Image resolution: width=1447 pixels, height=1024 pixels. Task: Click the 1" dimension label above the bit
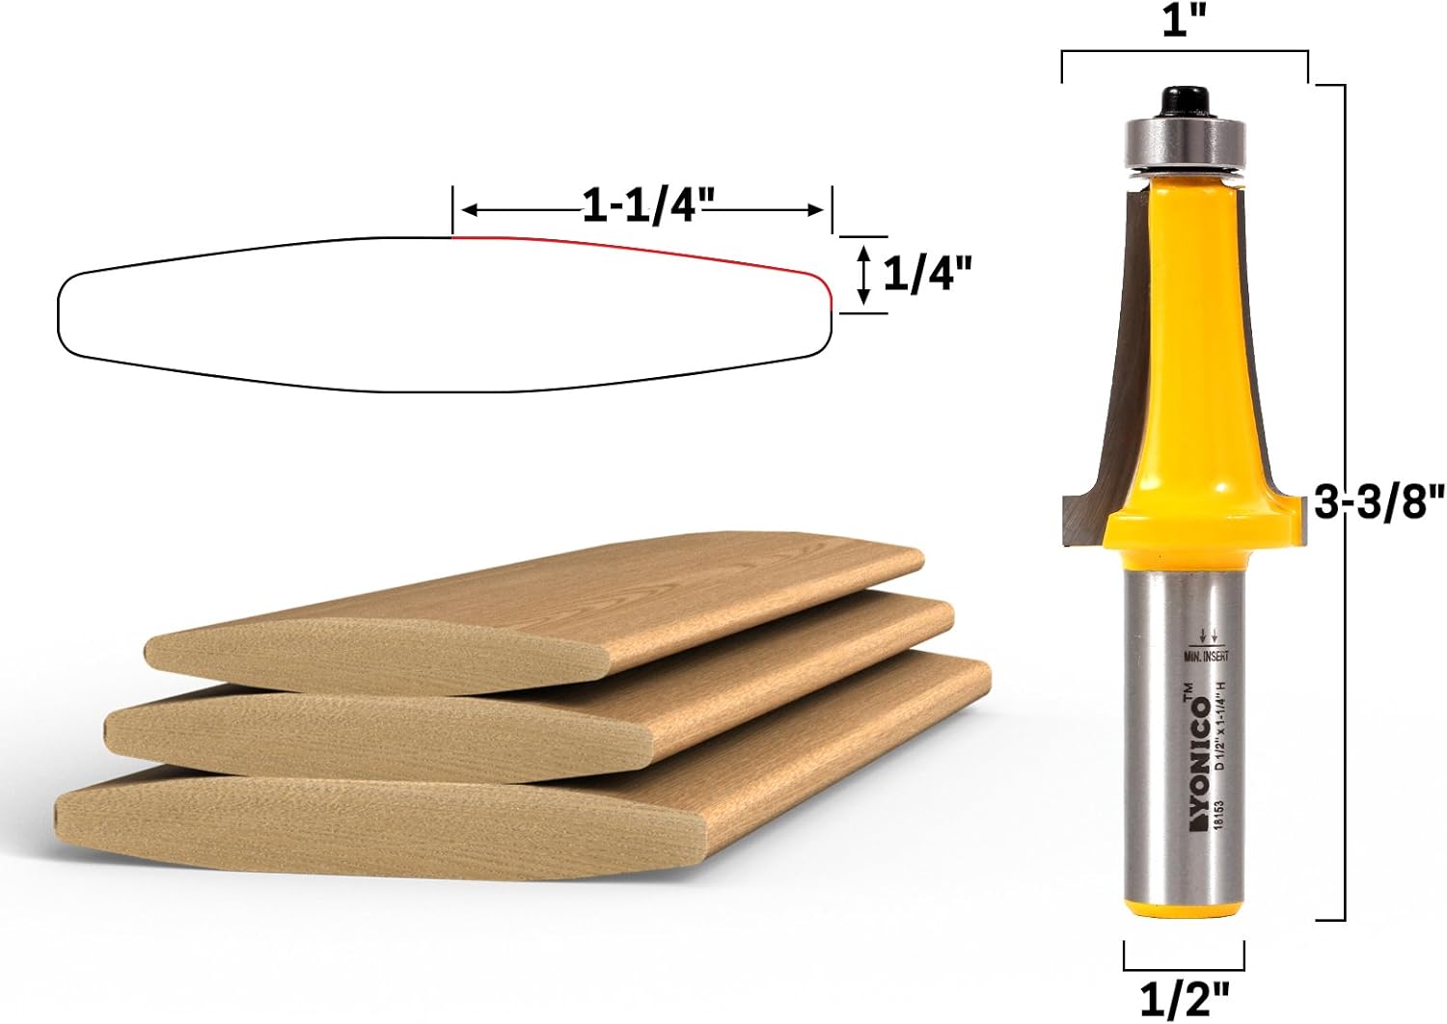1186,20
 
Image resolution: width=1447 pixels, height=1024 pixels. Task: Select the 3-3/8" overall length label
1380,502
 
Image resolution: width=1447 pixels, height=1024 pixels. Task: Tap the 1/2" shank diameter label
1184,999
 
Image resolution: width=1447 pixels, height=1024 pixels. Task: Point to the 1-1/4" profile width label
647,206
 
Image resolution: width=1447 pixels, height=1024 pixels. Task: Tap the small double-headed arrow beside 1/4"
864,275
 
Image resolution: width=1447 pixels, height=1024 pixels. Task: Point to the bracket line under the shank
1184,968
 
